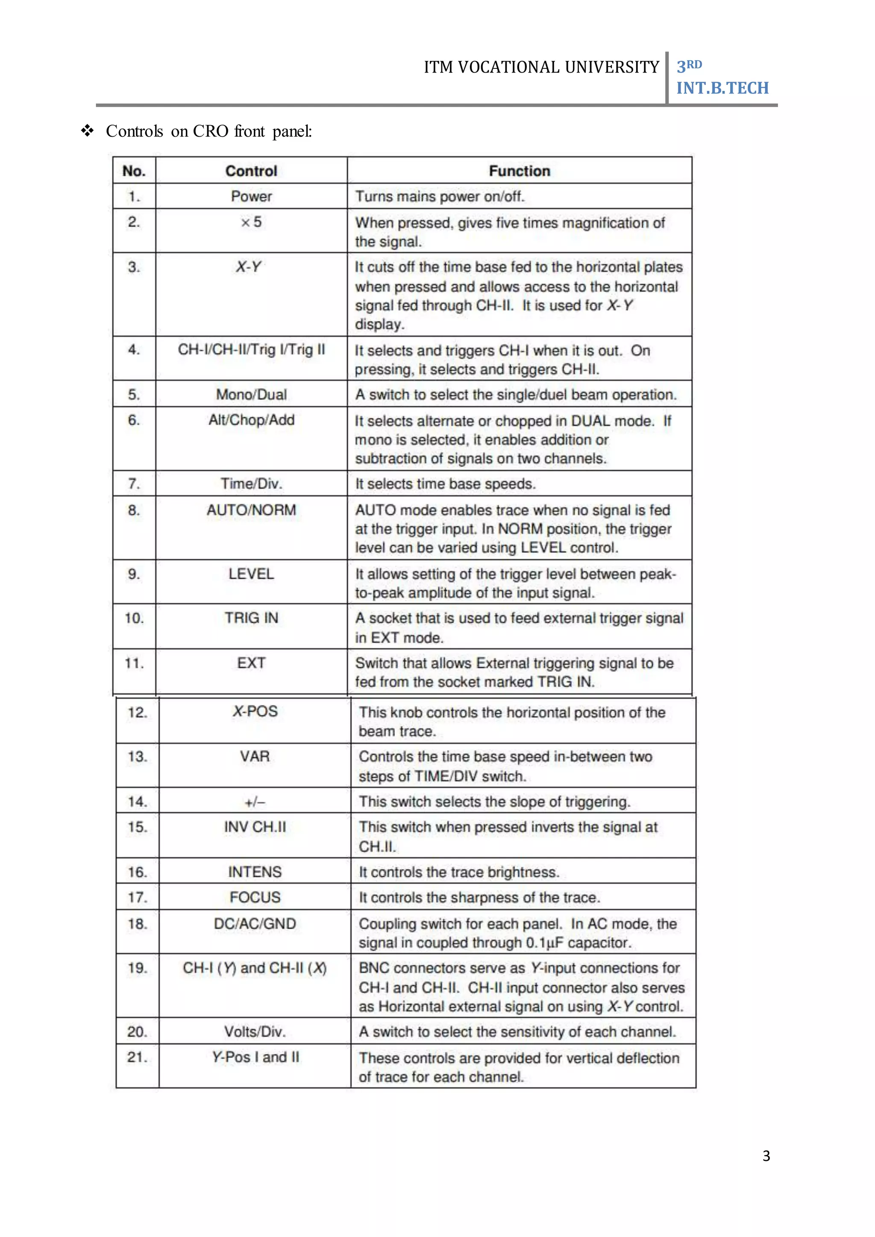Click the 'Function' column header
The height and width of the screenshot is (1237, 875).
tap(520, 171)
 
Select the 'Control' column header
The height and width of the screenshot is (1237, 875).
tap(251, 171)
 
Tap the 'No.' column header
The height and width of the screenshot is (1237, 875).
tap(134, 171)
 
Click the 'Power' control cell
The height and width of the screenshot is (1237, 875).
tap(251, 196)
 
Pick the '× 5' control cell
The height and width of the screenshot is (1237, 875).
tap(251, 222)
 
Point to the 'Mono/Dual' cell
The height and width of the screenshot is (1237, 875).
tap(251, 394)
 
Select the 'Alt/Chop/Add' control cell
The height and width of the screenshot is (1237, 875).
tap(251, 420)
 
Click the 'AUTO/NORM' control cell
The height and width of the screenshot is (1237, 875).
tap(251, 510)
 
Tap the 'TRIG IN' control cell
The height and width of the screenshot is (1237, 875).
tap(251, 618)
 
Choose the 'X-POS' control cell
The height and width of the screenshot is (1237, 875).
tap(255, 711)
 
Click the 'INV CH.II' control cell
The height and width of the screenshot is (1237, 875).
tap(255, 827)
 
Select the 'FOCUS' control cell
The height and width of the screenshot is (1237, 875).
tap(255, 897)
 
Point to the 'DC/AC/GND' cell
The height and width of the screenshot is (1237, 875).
tap(255, 923)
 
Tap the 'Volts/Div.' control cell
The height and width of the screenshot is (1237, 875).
tap(255, 1032)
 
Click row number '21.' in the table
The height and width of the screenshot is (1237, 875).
tap(138, 1057)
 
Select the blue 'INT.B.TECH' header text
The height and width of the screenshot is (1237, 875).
tap(722, 88)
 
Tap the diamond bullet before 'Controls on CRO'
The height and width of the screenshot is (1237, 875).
tap(87, 131)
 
